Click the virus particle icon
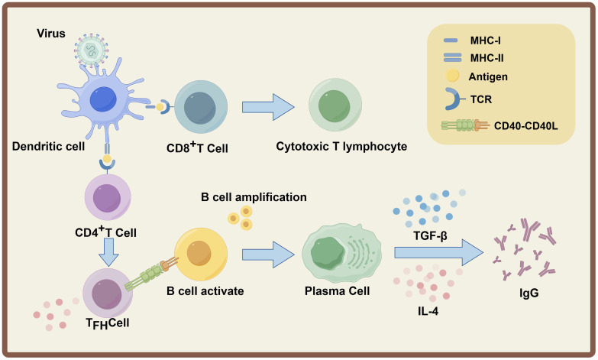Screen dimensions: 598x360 click(x=91, y=50)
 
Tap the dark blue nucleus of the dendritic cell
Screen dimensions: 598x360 click(x=103, y=99)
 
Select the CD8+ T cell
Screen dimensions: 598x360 click(x=201, y=107)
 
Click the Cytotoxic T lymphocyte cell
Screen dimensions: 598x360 click(x=335, y=105)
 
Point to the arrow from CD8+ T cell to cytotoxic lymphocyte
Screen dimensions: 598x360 click(x=268, y=107)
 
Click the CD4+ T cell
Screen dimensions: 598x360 click(x=108, y=197)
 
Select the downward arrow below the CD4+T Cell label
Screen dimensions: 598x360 click(x=108, y=252)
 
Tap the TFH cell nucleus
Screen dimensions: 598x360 click(x=106, y=294)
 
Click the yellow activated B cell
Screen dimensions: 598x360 click(x=201, y=254)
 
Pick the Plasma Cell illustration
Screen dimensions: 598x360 click(x=341, y=254)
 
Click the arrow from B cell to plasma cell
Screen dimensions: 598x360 click(x=268, y=254)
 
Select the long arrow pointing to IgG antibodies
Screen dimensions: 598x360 click(x=438, y=252)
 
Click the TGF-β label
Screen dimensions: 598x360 click(x=430, y=235)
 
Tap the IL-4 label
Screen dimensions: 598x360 click(x=428, y=311)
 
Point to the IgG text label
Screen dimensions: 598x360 click(x=529, y=293)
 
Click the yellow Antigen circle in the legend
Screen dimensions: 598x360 click(x=452, y=76)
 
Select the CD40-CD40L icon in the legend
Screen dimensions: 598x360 click(x=465, y=125)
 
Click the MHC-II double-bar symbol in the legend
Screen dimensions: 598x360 click(x=452, y=57)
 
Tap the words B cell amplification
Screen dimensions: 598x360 click(x=254, y=197)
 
